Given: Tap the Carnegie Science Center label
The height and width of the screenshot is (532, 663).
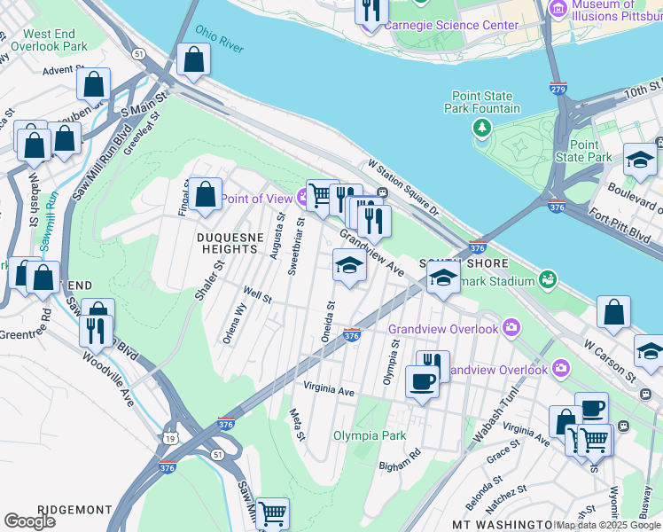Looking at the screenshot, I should (x=451, y=26).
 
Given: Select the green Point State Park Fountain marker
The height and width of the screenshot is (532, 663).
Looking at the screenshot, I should (x=482, y=129).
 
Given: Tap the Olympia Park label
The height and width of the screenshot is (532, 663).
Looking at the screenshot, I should (x=369, y=435).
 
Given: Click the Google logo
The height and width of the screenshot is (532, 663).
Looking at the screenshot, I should (x=29, y=521).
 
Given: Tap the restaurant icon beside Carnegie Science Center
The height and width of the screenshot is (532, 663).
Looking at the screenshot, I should (x=371, y=11).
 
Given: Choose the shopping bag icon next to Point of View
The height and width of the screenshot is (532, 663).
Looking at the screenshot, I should (x=205, y=194).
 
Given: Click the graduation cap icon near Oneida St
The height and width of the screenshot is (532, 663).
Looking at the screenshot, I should (x=349, y=266).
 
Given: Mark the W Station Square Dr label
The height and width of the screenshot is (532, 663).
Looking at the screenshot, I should (x=403, y=188).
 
